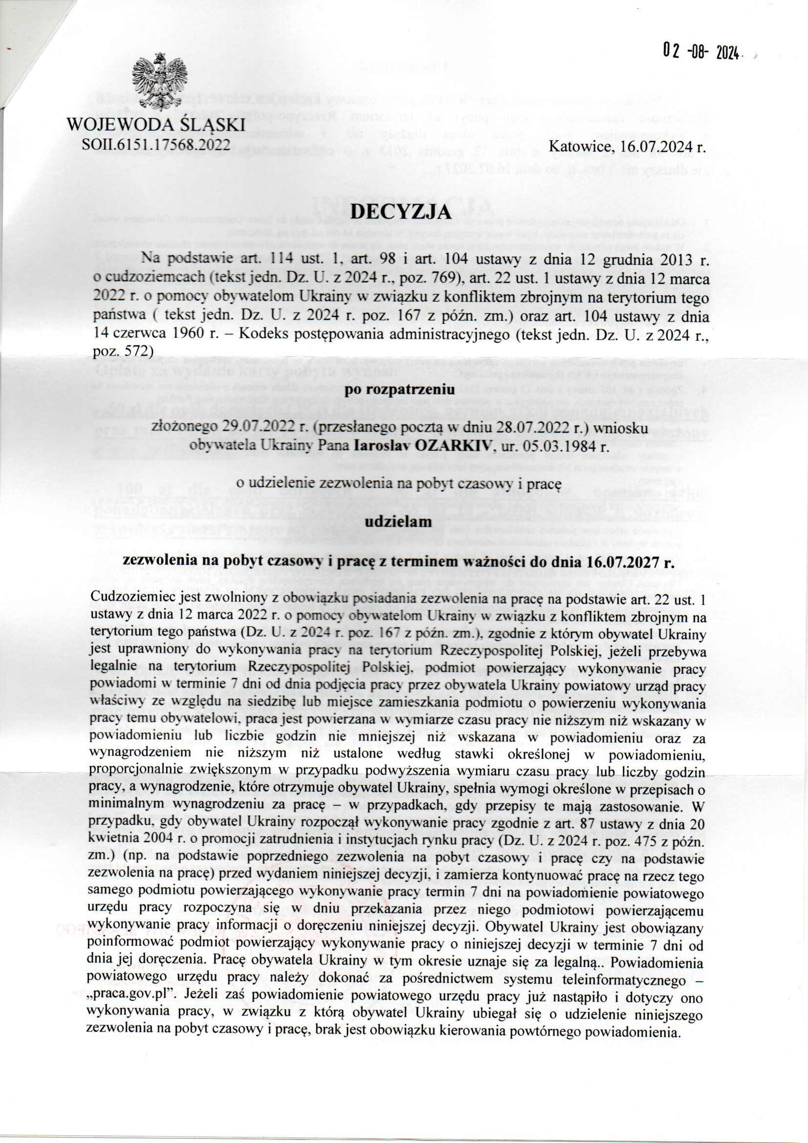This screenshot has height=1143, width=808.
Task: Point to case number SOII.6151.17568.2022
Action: click(x=158, y=144)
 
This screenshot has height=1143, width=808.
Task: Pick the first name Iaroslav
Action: click(x=383, y=445)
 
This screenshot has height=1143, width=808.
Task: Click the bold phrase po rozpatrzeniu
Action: click(x=401, y=390)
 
